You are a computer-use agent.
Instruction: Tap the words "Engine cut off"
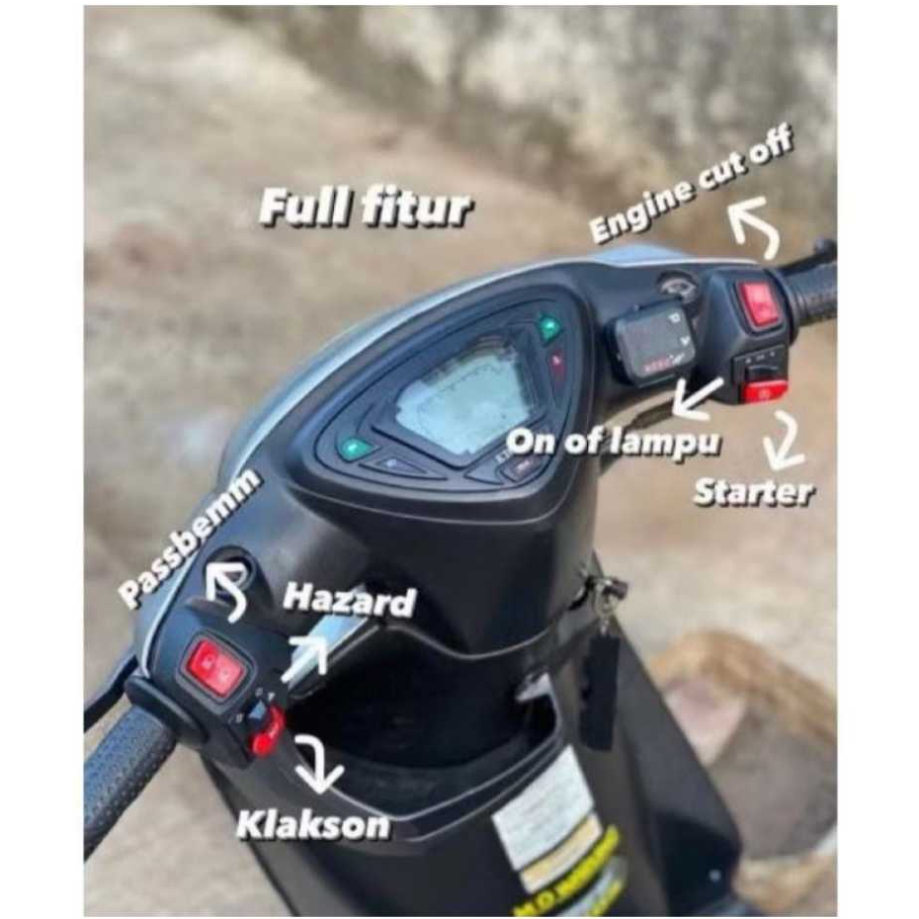tap(691, 185)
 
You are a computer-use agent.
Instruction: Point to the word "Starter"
tap(753, 492)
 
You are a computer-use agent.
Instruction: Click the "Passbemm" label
tap(190, 537)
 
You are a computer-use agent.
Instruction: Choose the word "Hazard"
tap(349, 600)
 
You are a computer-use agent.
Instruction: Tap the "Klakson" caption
tap(312, 824)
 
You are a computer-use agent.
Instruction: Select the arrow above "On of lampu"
tap(695, 399)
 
